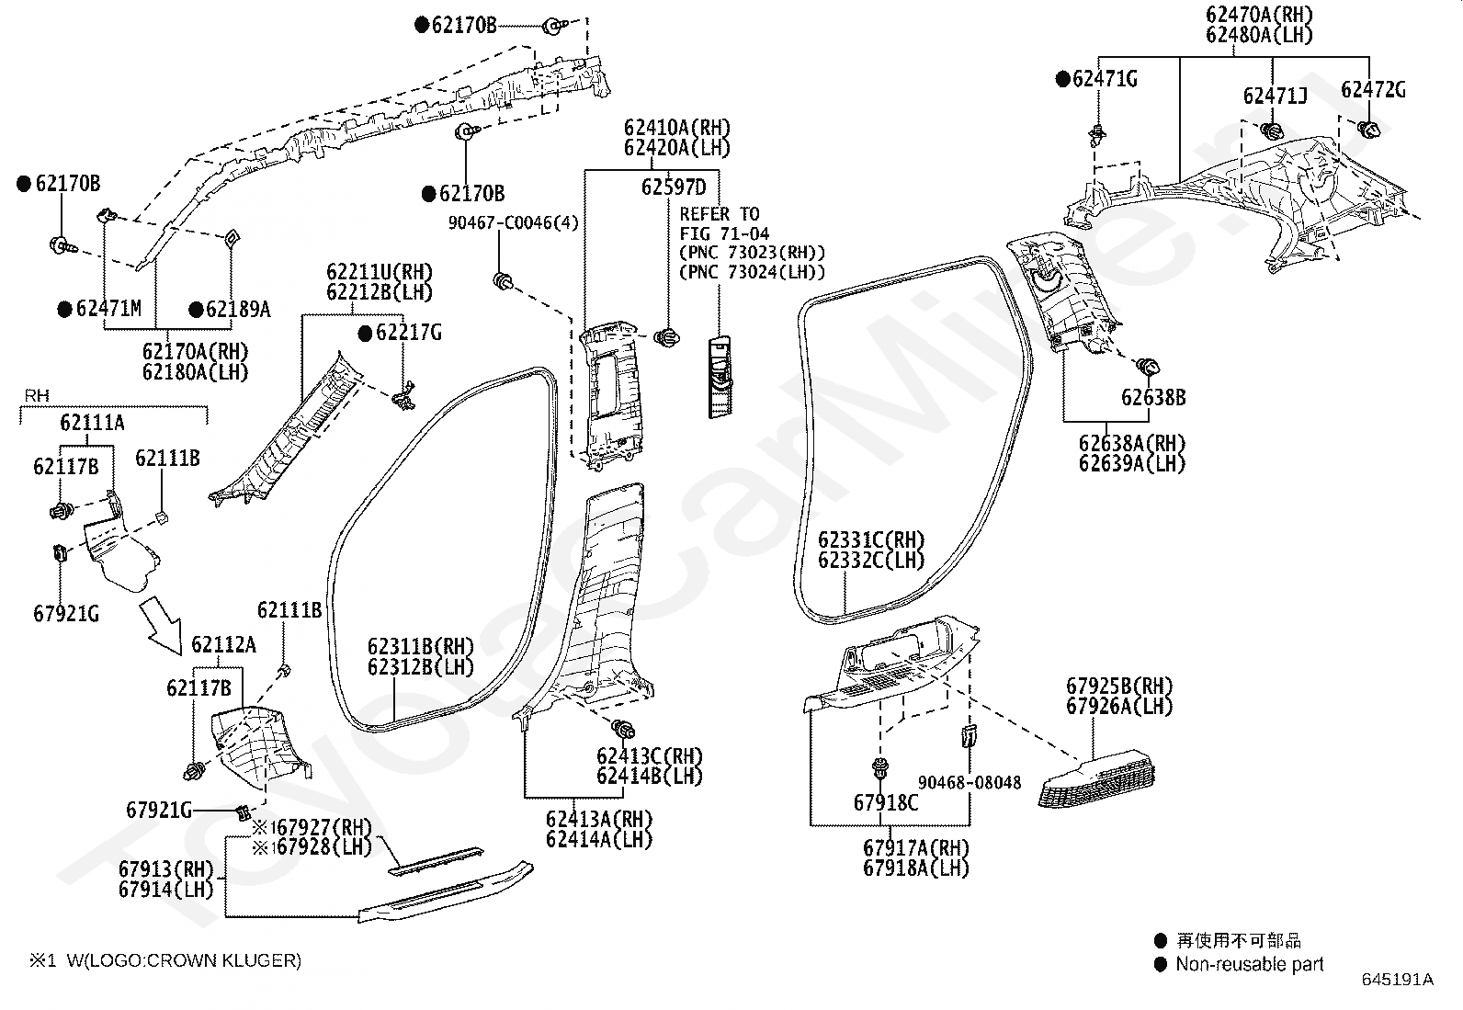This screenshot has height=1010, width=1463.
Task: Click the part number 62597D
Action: point(674,187)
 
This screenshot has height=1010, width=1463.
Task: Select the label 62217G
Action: point(409,333)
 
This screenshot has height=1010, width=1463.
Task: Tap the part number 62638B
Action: point(1153,397)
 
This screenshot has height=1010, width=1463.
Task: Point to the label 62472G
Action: point(1373,89)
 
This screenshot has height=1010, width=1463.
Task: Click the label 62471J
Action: point(1275,96)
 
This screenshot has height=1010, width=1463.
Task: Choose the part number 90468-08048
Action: point(970,783)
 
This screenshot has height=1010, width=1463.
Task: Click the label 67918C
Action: point(886,803)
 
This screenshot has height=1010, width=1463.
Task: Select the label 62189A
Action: point(238,309)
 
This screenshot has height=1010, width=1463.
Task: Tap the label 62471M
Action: point(108,309)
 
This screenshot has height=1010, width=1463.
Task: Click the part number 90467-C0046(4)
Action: point(514,222)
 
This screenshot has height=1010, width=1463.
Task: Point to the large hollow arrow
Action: point(162,625)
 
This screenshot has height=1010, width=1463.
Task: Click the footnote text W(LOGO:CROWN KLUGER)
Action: point(184,960)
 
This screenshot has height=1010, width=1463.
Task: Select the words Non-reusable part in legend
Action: point(1250,964)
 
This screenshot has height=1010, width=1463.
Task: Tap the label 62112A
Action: point(223,645)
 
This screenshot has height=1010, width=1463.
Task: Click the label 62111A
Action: point(92,423)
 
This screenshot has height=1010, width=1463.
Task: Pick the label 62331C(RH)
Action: point(871,540)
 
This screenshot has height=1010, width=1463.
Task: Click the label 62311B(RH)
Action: point(421,647)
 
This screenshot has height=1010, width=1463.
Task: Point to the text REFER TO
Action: point(719,214)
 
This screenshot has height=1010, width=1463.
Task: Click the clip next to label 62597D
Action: point(667,338)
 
